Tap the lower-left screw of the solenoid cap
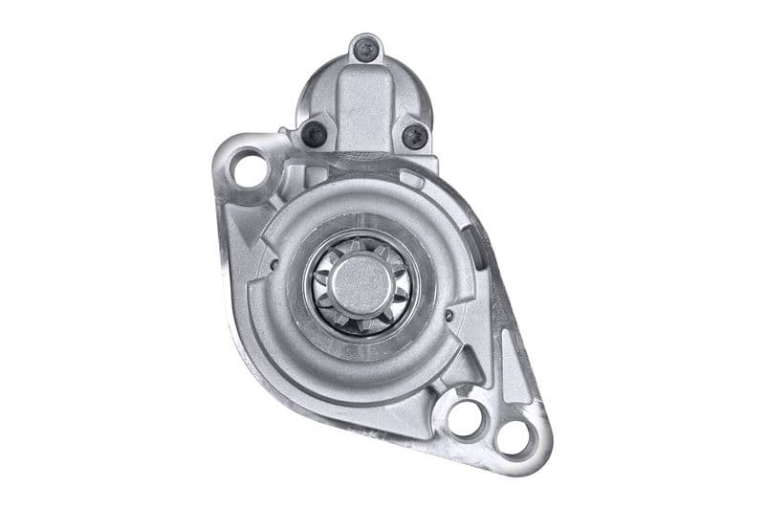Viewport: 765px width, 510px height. pyautogui.click(x=313, y=135)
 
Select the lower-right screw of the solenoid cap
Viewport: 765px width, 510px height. pyautogui.click(x=414, y=136)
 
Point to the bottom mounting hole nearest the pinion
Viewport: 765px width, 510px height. pyautogui.click(x=466, y=417)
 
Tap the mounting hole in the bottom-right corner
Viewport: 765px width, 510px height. pyautogui.click(x=514, y=438)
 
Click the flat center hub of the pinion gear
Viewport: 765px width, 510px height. pyautogui.click(x=361, y=281)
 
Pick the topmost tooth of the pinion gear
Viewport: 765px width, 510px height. pyautogui.click(x=361, y=245)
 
